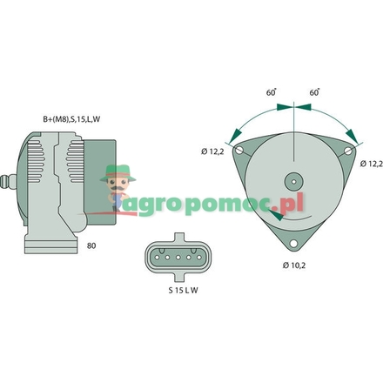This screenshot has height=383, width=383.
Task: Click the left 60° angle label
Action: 271,91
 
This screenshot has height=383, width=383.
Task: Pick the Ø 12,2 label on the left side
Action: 214,153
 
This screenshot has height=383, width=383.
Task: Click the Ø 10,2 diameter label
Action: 296,264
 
